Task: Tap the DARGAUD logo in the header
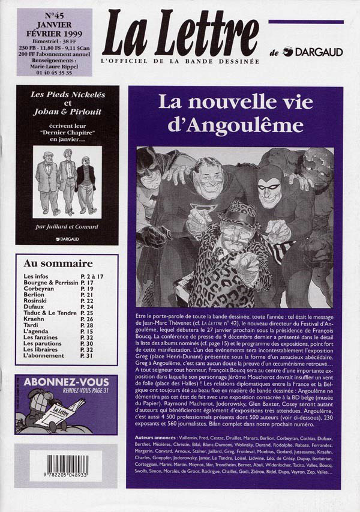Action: [313, 52]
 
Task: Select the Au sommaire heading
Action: [58, 264]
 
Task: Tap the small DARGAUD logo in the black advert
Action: [67, 239]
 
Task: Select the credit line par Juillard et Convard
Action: [67, 226]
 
